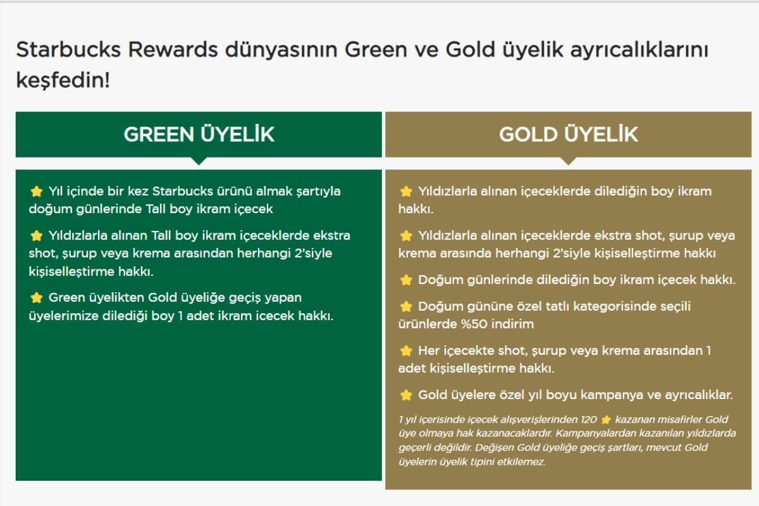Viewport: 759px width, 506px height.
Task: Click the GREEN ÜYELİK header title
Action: click(x=199, y=134)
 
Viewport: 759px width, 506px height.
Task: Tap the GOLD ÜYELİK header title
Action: click(x=568, y=134)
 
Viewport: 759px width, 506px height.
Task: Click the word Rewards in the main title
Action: click(x=173, y=49)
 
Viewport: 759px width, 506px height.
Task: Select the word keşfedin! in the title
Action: click(x=63, y=81)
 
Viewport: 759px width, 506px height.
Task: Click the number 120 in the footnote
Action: click(x=589, y=419)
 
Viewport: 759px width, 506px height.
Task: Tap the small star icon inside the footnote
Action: click(x=606, y=420)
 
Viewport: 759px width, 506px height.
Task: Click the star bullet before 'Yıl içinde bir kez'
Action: click(x=36, y=192)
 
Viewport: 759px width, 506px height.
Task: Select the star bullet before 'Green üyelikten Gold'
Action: click(x=36, y=298)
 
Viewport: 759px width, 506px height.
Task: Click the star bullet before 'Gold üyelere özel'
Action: click(x=406, y=395)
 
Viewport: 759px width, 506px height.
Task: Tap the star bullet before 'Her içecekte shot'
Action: click(x=406, y=351)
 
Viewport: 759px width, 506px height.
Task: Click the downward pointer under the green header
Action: click(x=199, y=161)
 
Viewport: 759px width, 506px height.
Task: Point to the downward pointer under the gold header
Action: click(x=569, y=161)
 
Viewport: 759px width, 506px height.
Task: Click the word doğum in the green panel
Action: click(x=51, y=209)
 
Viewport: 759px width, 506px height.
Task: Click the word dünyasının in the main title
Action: click(x=281, y=50)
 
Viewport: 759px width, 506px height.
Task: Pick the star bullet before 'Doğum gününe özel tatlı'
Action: click(x=406, y=307)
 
